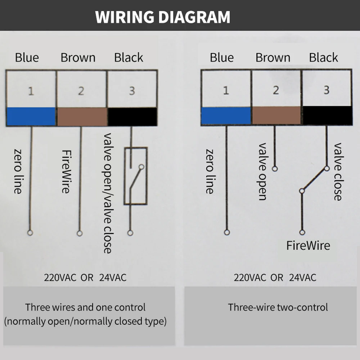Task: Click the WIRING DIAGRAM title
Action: pyautogui.click(x=163, y=17)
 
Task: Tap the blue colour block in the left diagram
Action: pyautogui.click(x=31, y=116)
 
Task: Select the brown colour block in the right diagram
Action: pyautogui.click(x=276, y=116)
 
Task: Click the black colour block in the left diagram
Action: pyautogui.click(x=132, y=116)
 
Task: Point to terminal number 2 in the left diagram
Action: pyautogui.click(x=81, y=91)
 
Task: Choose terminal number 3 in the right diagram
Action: pyautogui.click(x=326, y=90)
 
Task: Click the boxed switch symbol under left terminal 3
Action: pyautogui.click(x=135, y=176)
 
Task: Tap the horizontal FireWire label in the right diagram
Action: pyautogui.click(x=308, y=246)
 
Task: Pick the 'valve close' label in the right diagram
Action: pyautogui.click(x=338, y=171)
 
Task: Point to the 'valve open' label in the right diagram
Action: pyautogui.click(x=263, y=171)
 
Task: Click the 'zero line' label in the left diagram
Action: pyautogui.click(x=18, y=171)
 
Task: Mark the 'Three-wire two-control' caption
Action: pyautogui.click(x=278, y=307)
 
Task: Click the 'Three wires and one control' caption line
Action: pyautogui.click(x=85, y=307)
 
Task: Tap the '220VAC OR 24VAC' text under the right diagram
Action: pyautogui.click(x=275, y=278)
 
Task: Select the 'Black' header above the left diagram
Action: pyautogui.click(x=129, y=58)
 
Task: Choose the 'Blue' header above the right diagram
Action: pyautogui.click(x=222, y=58)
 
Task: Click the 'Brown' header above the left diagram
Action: pyautogui.click(x=78, y=58)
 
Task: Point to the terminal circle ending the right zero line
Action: pyautogui.click(x=227, y=232)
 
